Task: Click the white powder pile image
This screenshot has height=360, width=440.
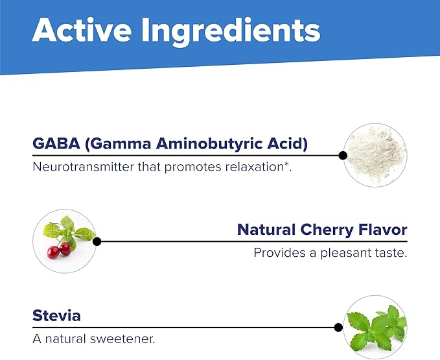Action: [375, 155]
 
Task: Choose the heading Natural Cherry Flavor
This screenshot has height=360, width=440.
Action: [322, 230]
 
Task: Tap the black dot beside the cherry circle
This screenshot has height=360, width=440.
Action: [97, 241]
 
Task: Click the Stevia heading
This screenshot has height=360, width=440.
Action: [56, 316]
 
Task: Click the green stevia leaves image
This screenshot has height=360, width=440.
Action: [375, 327]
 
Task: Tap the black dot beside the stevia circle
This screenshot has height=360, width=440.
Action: [338, 327]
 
